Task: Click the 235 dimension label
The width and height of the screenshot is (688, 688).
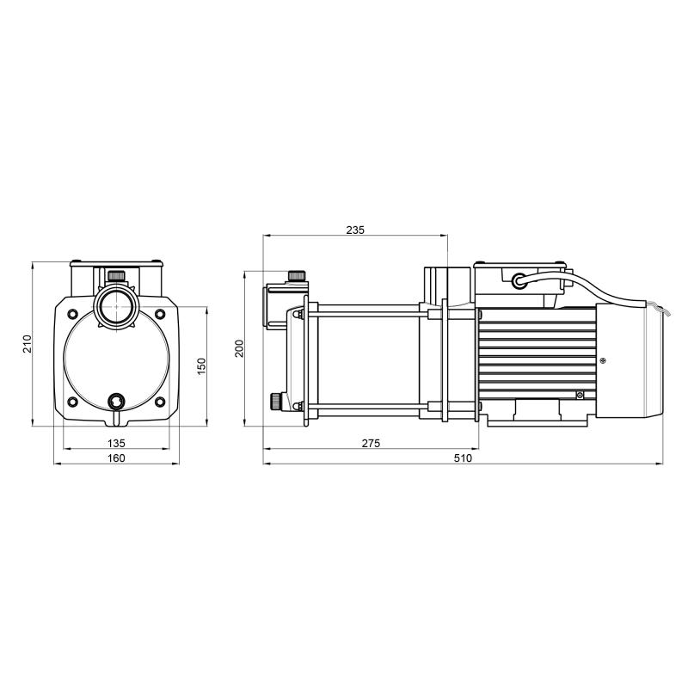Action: [x=355, y=230]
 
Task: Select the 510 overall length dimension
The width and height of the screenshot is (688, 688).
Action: [x=463, y=458]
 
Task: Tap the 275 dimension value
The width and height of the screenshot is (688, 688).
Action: [x=371, y=444]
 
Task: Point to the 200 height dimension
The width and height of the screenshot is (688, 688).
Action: [x=239, y=348]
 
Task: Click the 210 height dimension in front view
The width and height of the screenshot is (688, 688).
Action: [x=28, y=343]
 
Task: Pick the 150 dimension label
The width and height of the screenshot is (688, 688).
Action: [x=201, y=366]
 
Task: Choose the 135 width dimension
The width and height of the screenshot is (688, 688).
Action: [x=116, y=444]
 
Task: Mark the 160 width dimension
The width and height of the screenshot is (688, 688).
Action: [x=116, y=458]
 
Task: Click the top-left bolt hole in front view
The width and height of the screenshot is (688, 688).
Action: [x=72, y=314]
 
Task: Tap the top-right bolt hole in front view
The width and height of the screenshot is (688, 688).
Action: [x=160, y=314]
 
